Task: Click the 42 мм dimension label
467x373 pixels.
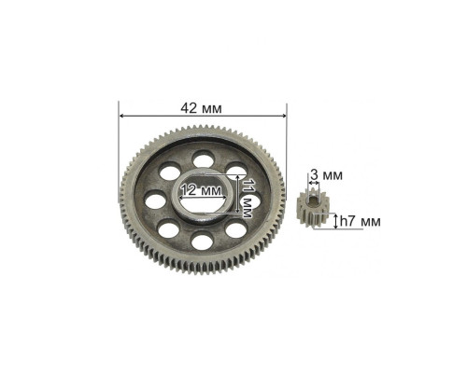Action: [201, 108]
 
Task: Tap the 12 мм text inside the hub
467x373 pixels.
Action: [202, 189]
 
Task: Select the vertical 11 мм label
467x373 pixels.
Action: [247, 199]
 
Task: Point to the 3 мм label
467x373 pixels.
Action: [326, 175]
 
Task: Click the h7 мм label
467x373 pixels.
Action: [361, 222]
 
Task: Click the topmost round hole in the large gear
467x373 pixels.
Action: [203, 159]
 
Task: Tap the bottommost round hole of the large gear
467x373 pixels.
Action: [202, 241]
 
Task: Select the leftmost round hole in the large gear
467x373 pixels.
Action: [156, 200]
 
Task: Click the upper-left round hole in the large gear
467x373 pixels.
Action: [170, 172]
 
